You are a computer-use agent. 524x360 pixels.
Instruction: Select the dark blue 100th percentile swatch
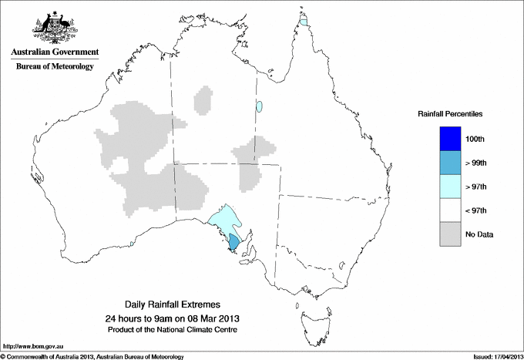(x=449, y=138)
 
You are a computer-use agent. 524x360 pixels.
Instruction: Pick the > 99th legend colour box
(x=449, y=162)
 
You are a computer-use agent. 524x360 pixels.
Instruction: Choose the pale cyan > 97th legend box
(x=449, y=186)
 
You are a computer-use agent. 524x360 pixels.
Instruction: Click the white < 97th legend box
(x=449, y=210)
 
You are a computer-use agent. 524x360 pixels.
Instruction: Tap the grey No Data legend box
(x=449, y=234)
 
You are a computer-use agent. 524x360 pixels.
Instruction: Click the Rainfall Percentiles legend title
(x=450, y=114)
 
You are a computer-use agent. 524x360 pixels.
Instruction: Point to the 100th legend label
(x=475, y=139)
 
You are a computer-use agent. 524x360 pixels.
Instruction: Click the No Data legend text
(x=479, y=234)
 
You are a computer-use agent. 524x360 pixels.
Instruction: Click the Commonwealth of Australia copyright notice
(x=92, y=355)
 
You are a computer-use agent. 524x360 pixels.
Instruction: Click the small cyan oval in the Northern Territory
(x=260, y=106)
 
